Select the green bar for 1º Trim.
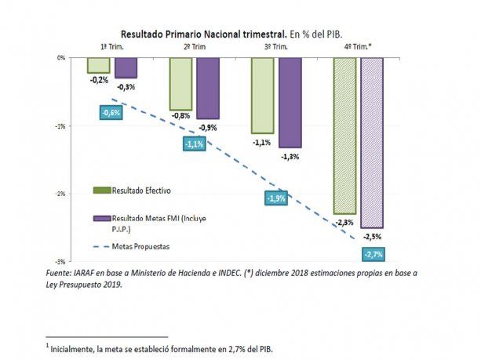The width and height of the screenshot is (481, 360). point(98,65)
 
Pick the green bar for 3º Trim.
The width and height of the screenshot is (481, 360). point(262,95)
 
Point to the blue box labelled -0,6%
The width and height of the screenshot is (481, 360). point(111,112)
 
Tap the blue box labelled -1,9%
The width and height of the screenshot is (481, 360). point(276,198)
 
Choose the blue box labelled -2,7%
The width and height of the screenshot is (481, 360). point(374,254)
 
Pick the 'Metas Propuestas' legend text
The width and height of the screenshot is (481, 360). point(140,245)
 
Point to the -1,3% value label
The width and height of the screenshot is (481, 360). point(290,156)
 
